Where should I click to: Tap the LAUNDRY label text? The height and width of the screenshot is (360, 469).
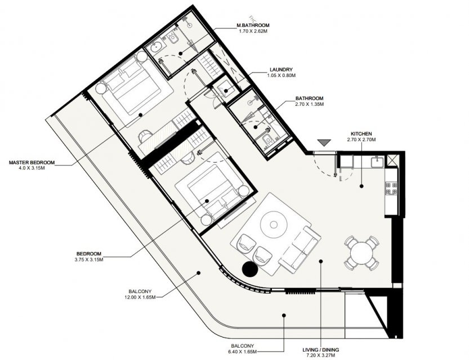281,70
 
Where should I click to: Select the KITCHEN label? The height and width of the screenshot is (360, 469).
361,134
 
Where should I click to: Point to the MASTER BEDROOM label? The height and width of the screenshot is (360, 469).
32,163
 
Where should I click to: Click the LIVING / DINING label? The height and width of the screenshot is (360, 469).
321,350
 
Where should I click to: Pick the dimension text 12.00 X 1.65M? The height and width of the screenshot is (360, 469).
140,297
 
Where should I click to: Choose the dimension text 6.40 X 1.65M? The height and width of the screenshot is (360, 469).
242,352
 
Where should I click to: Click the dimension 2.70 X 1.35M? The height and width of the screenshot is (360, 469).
309,104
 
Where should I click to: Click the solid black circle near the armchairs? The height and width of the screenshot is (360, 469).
250,269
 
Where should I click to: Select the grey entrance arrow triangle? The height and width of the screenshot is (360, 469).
324,143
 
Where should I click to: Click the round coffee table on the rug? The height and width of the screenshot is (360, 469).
274,224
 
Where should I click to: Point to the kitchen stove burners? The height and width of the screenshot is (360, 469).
391,188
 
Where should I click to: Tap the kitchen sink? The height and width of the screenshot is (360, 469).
377,163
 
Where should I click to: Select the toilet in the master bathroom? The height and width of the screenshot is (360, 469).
173,39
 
